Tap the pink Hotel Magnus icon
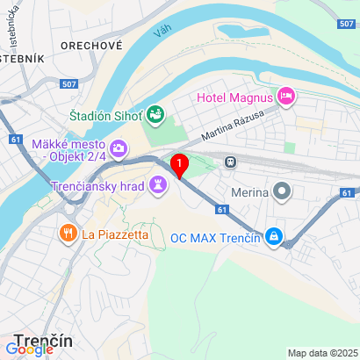point(284,94)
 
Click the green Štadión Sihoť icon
point(155,113)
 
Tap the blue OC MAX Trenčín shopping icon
point(273,236)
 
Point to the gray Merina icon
point(282,190)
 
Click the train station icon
point(230,162)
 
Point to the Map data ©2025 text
point(320,353)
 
